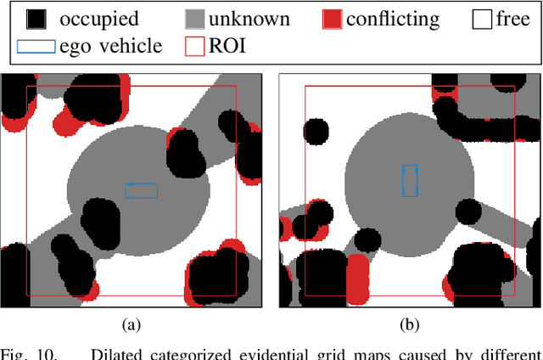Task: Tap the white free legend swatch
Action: point(481,19)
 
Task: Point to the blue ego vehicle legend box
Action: point(35,46)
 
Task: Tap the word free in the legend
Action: point(513,19)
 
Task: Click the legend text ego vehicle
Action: point(110,46)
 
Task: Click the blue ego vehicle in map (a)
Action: point(142,190)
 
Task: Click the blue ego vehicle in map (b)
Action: point(410,181)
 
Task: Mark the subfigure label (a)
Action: point(132,324)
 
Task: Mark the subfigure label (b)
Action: point(410,324)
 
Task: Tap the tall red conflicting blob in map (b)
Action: point(360,279)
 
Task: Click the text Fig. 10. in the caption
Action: point(29,352)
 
